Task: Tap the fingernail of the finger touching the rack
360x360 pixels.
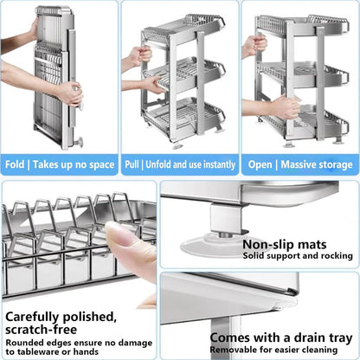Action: pyautogui.click(x=118, y=236)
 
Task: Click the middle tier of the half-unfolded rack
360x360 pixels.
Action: pyautogui.click(x=177, y=74)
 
